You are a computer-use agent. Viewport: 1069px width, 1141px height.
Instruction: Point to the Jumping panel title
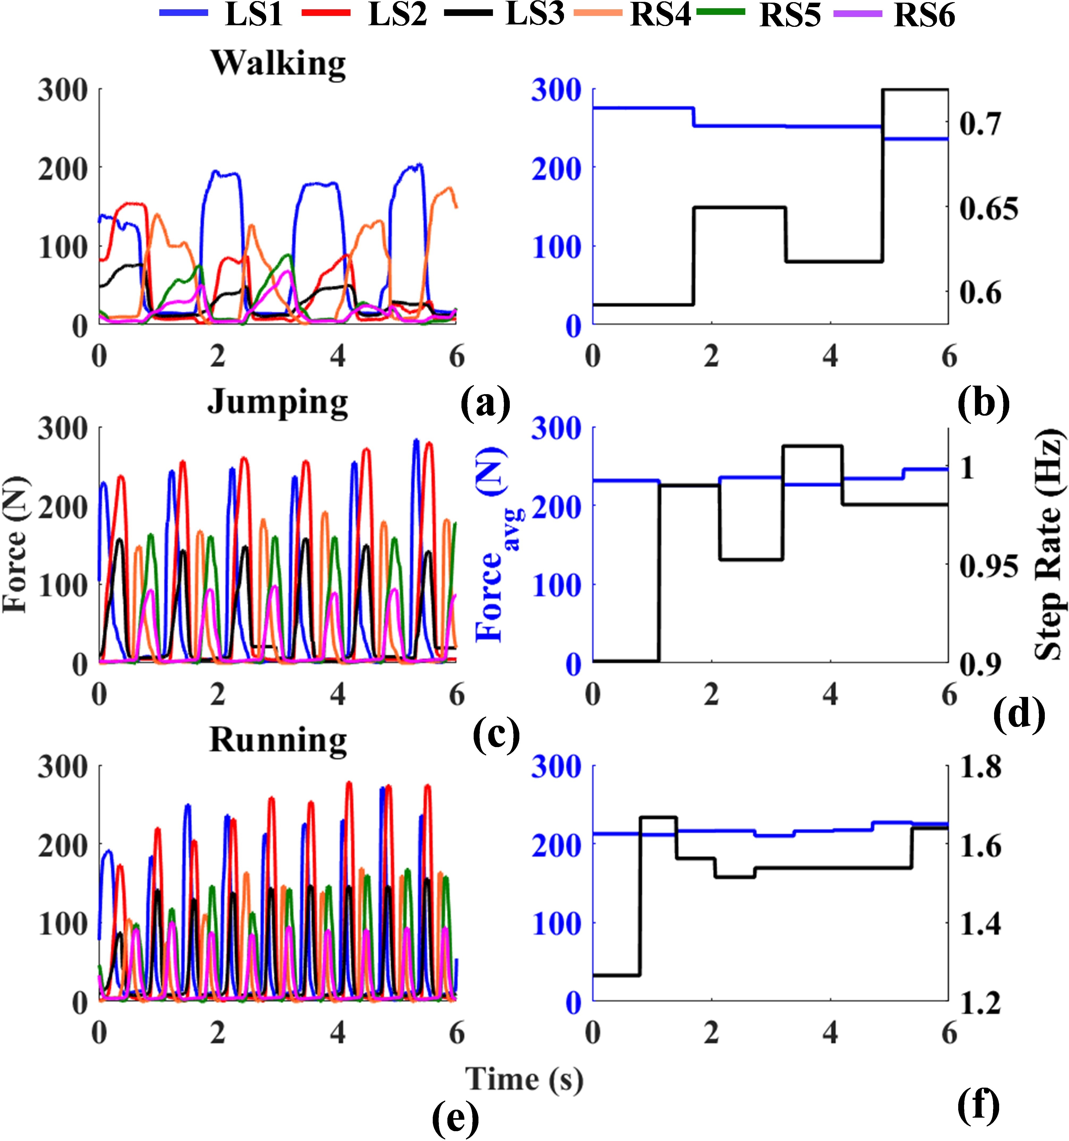pos(278,403)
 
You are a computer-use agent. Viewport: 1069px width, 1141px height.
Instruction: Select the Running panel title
pos(278,740)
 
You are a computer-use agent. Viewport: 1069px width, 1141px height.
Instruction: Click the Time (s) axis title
pos(524,1079)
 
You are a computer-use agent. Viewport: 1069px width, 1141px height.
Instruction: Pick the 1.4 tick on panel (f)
pos(981,925)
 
